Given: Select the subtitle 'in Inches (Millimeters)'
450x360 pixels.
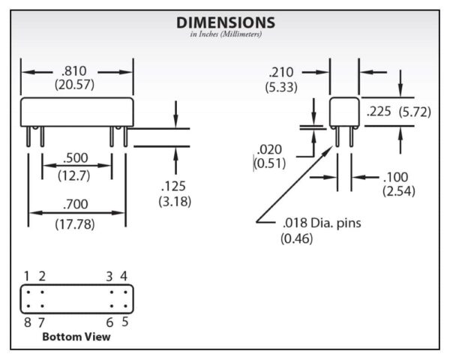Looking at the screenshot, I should [225, 34].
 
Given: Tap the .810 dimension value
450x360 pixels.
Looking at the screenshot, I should [76, 71].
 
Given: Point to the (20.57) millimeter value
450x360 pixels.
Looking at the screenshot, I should [76, 85].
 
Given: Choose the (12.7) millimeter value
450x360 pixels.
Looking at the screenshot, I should [76, 175].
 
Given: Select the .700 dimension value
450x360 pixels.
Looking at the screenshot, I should [76, 204].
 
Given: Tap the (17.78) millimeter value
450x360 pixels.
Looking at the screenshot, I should [76, 223].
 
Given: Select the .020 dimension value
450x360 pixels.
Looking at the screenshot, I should [269, 148].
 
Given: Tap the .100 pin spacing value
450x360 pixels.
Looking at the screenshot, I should [395, 178].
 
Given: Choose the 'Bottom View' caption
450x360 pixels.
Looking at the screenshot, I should [76, 337].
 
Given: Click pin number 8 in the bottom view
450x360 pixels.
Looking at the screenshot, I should [26, 322].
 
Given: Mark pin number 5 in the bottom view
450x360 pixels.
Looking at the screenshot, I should [124, 322].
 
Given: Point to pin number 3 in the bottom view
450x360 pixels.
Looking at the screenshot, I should [109, 276].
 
